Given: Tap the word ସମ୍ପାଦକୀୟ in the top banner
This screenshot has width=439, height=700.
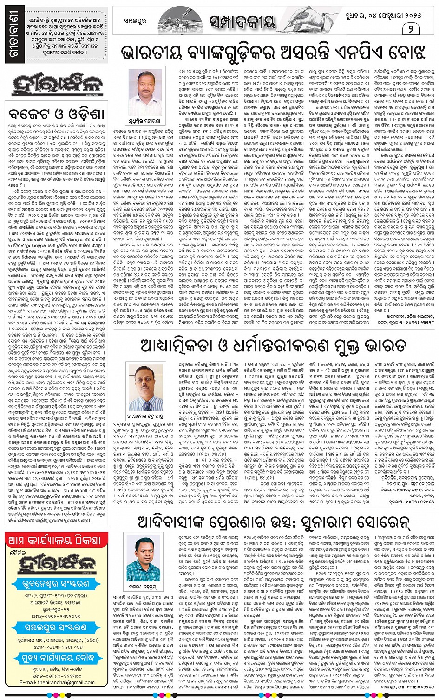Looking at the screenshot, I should click(x=241, y=21).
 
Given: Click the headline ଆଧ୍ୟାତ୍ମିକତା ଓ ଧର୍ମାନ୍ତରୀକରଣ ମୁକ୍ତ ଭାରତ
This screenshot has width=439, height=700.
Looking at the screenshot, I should click(x=273, y=345).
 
